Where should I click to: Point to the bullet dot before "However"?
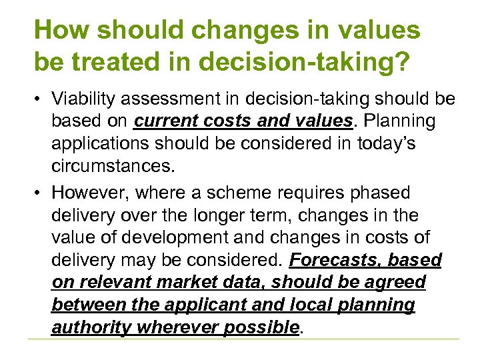(x=39, y=193)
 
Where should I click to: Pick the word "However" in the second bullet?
(x=91, y=192)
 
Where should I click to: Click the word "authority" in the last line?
(x=90, y=327)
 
